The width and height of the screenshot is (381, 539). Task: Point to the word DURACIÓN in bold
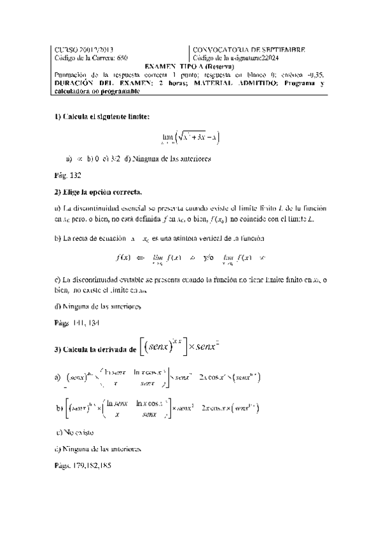71,83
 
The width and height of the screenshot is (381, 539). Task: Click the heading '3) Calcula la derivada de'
95,349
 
